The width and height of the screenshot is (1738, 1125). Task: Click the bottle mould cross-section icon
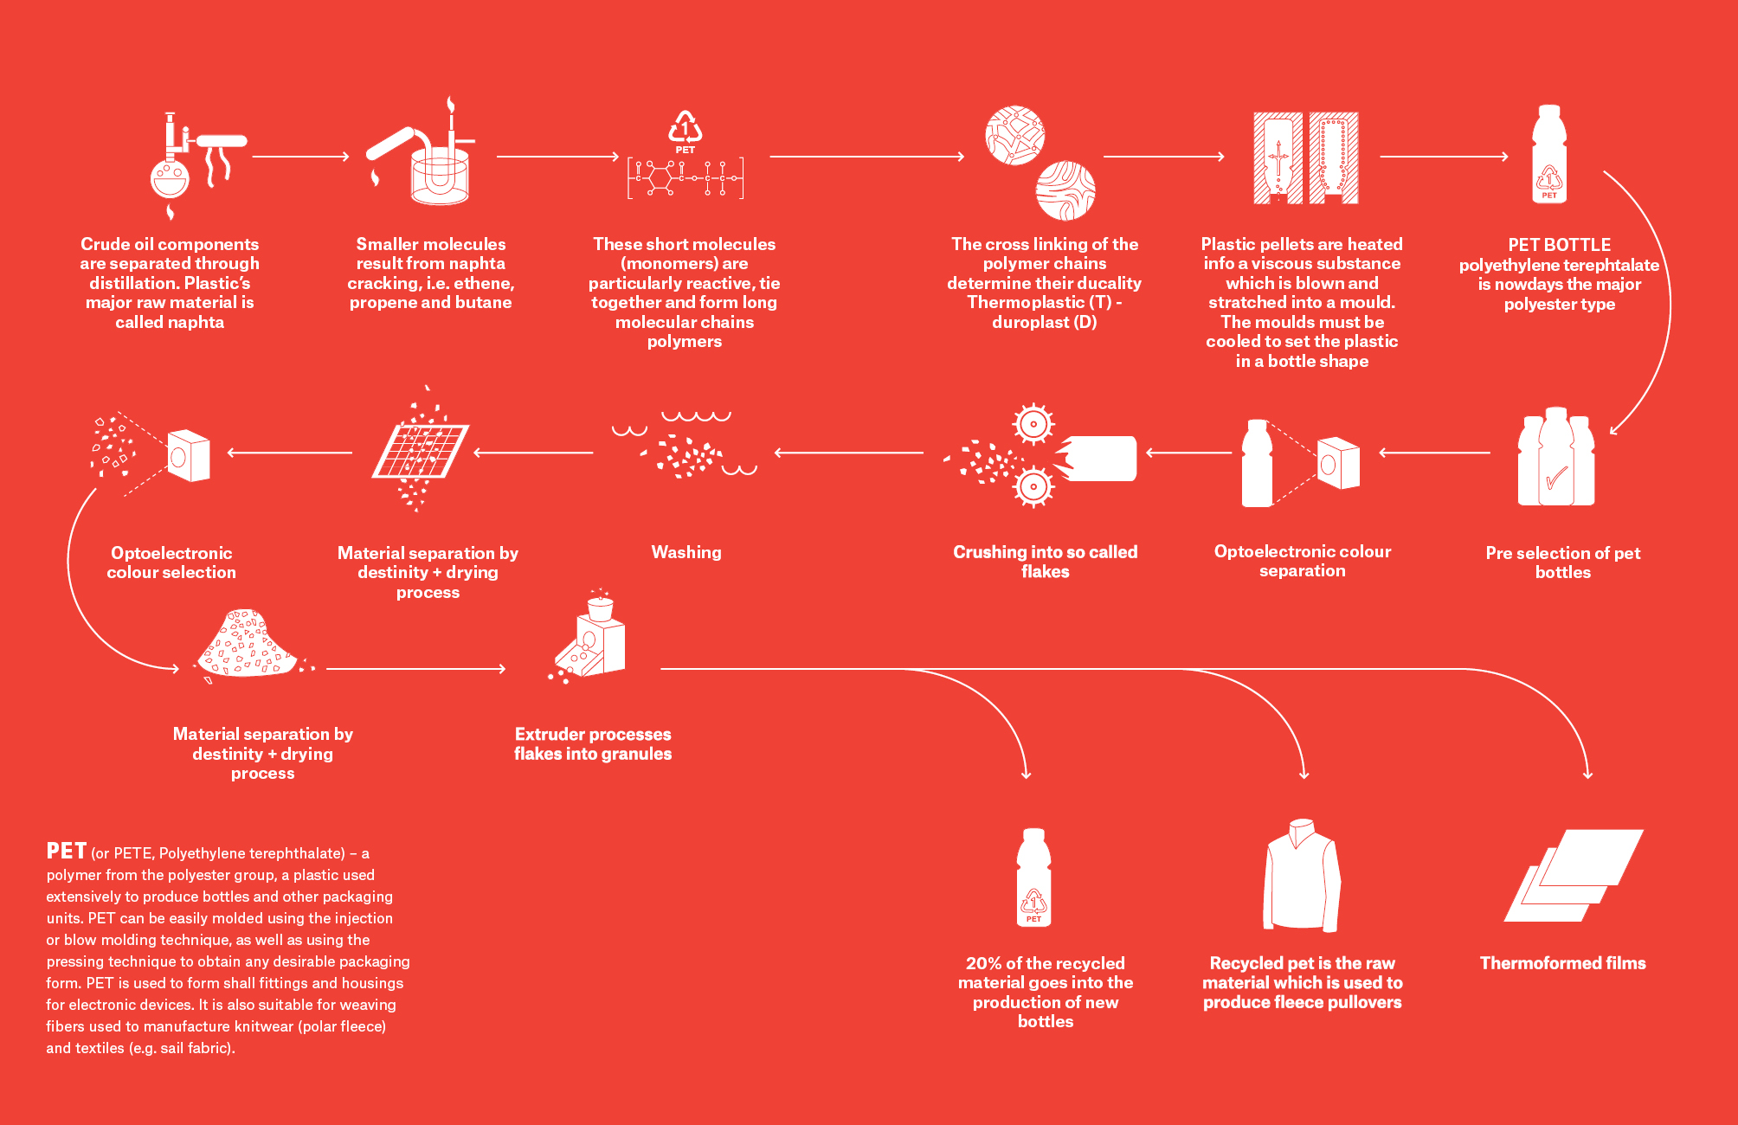click(x=1305, y=157)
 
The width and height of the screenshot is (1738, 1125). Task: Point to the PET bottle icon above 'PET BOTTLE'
click(x=1548, y=154)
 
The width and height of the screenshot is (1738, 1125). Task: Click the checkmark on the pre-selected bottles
click(x=1556, y=478)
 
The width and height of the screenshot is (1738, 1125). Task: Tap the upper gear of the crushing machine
click(x=1033, y=424)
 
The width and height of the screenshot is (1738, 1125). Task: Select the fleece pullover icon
click(x=1302, y=875)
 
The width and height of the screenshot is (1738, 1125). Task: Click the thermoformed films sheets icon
click(x=1574, y=875)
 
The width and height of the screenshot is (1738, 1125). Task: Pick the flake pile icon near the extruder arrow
click(x=248, y=645)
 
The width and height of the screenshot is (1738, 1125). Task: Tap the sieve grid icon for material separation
click(x=421, y=451)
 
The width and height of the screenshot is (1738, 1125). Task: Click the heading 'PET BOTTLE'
click(x=1560, y=245)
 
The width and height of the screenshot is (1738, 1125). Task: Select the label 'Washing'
click(x=686, y=552)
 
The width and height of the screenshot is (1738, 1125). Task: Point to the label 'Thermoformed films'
click(x=1563, y=963)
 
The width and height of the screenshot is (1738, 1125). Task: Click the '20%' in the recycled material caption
click(x=984, y=963)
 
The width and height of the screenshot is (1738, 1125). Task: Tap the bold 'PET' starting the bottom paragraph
click(x=67, y=851)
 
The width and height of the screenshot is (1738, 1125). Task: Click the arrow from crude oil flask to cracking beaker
click(x=300, y=157)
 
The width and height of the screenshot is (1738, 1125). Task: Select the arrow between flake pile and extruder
click(x=415, y=669)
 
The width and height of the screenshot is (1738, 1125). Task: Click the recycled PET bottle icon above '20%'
click(x=1033, y=877)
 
